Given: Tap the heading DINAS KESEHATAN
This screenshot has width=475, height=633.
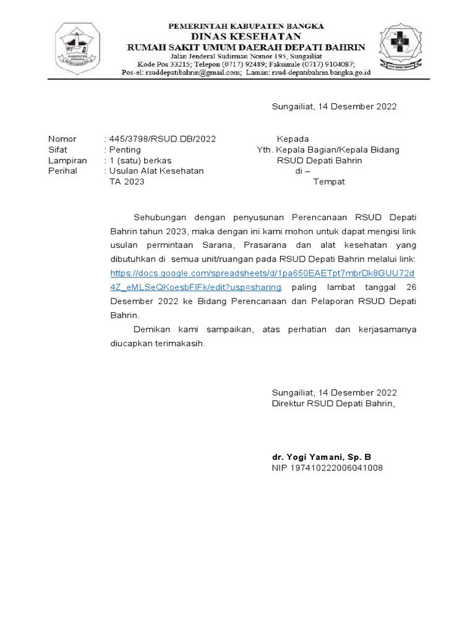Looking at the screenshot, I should (247, 36).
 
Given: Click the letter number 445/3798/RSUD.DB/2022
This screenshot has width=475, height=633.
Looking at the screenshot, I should (162, 139).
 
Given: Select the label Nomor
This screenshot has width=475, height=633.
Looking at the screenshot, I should (62, 139).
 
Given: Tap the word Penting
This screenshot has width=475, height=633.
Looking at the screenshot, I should (125, 150).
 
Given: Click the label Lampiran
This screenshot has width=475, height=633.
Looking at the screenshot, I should (67, 160).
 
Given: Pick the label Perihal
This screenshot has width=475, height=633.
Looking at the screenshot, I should (62, 171).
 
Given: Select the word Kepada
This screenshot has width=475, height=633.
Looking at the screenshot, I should (293, 139).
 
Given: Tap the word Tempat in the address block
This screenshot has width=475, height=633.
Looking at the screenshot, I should (329, 182).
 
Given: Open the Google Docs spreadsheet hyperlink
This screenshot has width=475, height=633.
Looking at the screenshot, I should (262, 273).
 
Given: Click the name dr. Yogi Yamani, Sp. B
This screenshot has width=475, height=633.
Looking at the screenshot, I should (322, 457).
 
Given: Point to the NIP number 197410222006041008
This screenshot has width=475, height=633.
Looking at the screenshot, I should (327, 468).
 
